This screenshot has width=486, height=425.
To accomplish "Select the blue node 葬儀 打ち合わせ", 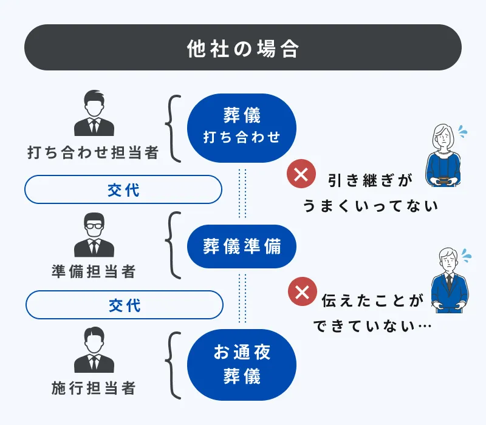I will tap(241, 128).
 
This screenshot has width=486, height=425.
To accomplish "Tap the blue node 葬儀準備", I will tap(241, 246).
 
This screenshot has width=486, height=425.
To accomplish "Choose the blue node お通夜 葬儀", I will tap(241, 364).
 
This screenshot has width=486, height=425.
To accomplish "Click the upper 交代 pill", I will tap(123, 190).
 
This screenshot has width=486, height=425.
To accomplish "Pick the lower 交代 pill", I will tap(123, 305).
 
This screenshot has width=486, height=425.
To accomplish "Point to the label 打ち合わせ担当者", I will tap(93, 152).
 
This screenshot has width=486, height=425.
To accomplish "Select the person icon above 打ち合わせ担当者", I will tap(94, 114).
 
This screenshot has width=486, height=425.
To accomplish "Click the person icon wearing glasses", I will tap(94, 234).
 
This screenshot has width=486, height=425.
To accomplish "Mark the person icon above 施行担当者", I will tap(94, 350).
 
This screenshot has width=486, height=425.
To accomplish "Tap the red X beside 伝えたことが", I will tap(301, 291).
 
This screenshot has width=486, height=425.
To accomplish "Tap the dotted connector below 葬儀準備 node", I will tap(242, 297).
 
